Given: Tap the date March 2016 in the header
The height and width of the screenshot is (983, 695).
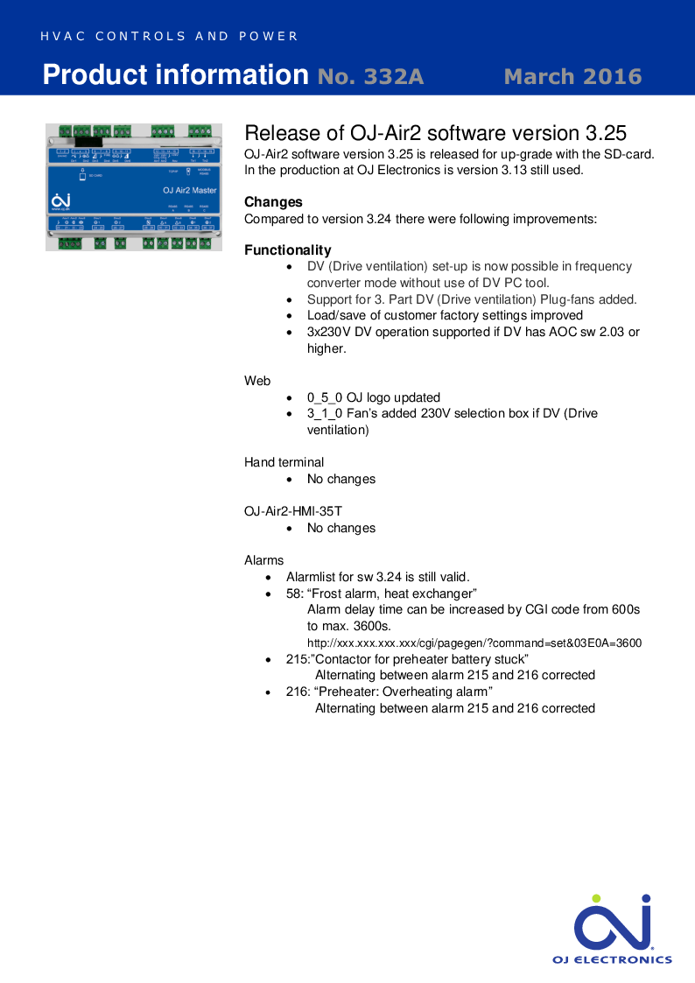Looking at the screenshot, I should click(x=572, y=77).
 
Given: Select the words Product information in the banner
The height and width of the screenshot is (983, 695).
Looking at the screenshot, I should click(x=175, y=75).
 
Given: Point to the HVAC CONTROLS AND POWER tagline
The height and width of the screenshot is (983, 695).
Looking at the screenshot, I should click(x=170, y=37).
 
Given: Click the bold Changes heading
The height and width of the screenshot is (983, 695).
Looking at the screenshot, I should click(x=273, y=202).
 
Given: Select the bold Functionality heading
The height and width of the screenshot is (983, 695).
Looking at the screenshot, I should click(x=287, y=250).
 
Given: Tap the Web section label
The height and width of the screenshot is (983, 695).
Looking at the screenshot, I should click(x=257, y=381).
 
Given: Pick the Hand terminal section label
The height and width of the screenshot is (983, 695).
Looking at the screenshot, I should click(x=284, y=462).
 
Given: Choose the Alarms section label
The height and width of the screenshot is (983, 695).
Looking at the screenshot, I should click(x=263, y=560).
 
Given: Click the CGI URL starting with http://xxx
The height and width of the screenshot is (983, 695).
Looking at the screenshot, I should click(x=474, y=643).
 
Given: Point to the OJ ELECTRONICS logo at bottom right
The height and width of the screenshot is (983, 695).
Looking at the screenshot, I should click(x=613, y=929).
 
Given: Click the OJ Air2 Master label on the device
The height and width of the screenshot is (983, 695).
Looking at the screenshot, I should click(x=190, y=190).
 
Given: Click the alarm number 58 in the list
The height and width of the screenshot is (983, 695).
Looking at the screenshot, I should click(x=293, y=593).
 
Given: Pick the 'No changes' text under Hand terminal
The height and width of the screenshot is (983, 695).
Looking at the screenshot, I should click(x=340, y=479).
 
